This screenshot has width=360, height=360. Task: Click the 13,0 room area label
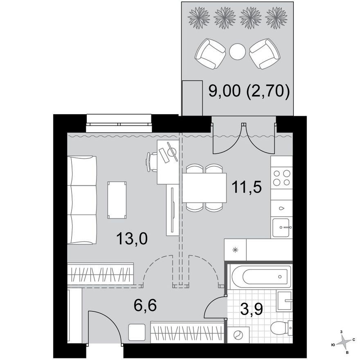click(x=132, y=239)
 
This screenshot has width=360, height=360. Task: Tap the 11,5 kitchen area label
click(x=247, y=187)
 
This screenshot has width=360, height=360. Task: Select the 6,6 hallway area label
click(x=145, y=305)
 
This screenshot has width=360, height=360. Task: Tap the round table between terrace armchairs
click(x=237, y=52)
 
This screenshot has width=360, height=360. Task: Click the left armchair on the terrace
click(x=210, y=54)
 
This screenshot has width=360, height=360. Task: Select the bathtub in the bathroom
click(x=260, y=277)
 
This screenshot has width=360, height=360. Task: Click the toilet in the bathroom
click(x=281, y=328)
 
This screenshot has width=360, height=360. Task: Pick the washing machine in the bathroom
click(x=238, y=335)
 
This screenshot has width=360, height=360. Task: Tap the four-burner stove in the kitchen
click(x=281, y=178)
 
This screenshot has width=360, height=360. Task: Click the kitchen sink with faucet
click(x=282, y=227)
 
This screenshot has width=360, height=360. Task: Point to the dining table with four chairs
click(x=204, y=188)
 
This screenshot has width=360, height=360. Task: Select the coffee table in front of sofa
click(x=117, y=200)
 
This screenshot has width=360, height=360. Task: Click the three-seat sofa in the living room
click(x=82, y=200)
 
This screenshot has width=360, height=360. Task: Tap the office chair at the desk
click(x=152, y=162)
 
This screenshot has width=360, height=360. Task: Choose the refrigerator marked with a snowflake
click(x=235, y=250)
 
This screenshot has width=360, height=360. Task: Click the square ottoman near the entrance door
click(x=137, y=332)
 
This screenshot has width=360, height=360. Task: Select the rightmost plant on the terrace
click(x=276, y=18)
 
